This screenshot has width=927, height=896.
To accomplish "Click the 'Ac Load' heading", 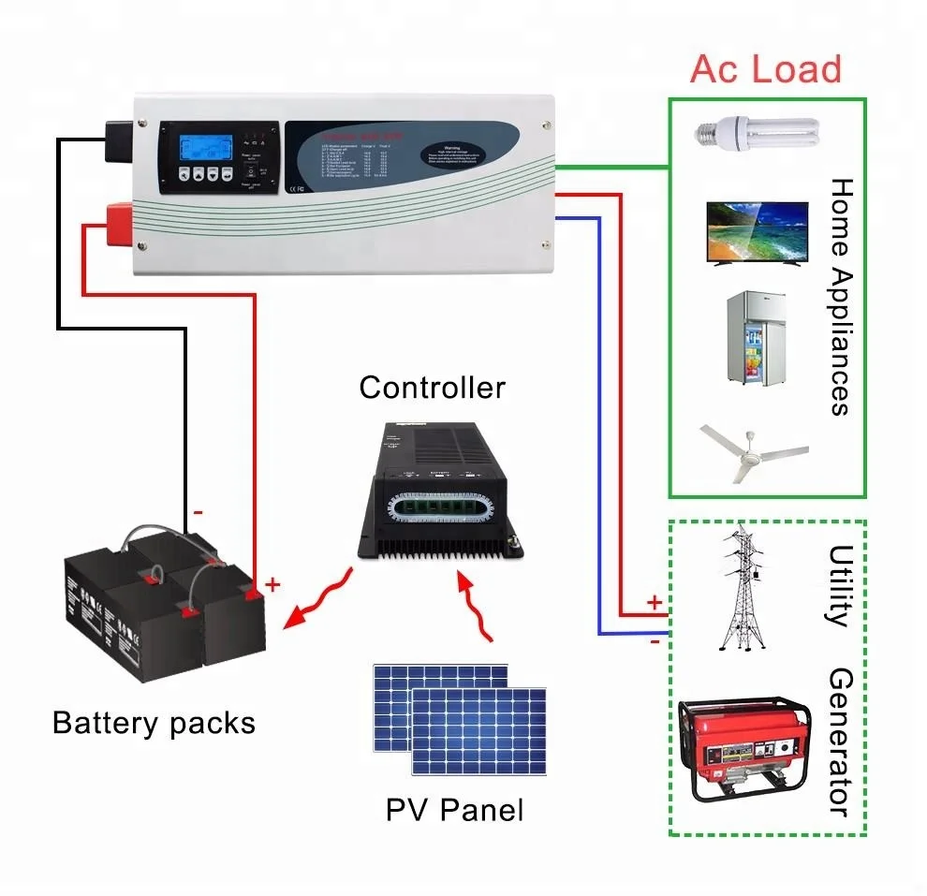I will coord(765,68).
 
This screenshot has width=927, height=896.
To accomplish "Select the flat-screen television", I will coord(757,233).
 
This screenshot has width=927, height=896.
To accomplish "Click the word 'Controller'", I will coord(432,387).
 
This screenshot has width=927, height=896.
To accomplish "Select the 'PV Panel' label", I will coord(454,809).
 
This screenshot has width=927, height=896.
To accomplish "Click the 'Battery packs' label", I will coord(154,723).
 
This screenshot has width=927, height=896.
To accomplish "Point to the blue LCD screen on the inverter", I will coord(202,147).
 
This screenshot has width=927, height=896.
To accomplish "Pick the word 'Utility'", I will coord(837,585).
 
